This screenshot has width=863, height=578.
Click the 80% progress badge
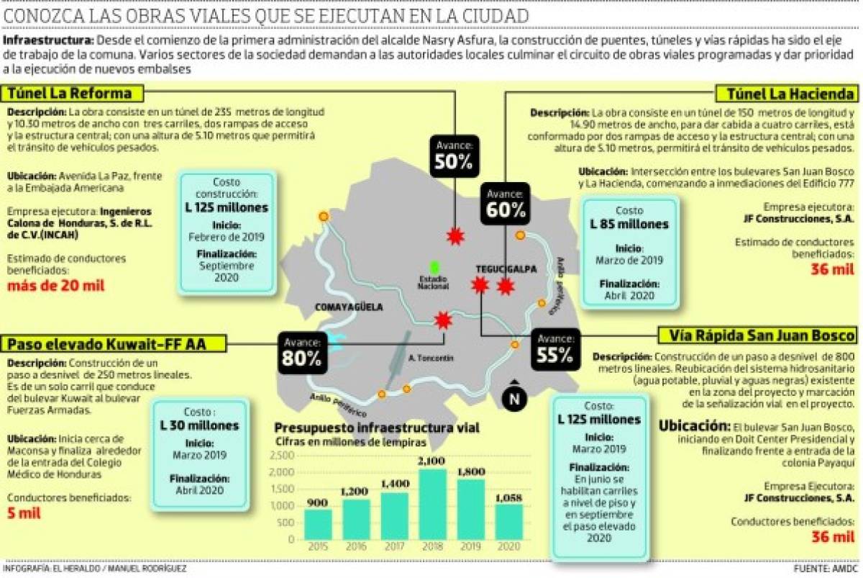[301, 351]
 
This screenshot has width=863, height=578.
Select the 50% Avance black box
[454, 155]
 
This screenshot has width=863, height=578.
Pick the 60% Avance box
[506, 202]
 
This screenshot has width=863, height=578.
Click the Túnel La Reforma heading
[70, 94]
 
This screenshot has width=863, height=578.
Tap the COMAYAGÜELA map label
[349, 307]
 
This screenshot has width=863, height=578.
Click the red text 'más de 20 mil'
[56, 286]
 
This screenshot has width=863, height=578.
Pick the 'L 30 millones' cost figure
[199, 425]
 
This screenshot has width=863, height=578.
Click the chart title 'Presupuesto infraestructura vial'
[376, 428]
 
